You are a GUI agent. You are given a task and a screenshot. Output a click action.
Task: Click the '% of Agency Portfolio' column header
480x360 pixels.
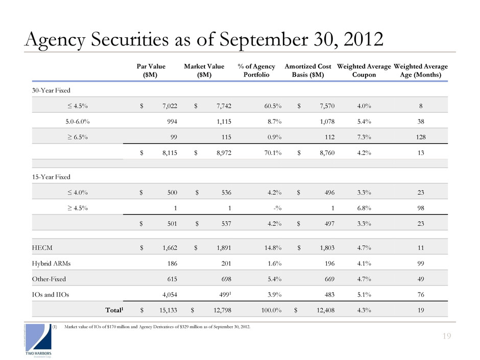[256, 70]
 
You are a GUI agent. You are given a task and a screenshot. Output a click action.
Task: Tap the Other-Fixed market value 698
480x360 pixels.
[217, 280]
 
